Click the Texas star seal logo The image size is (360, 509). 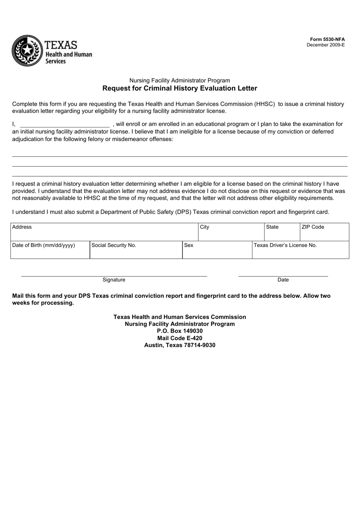point(27,51)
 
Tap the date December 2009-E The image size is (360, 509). point(326,45)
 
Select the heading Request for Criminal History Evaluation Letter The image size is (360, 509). point(180,88)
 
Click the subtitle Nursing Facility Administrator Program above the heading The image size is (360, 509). point(180,80)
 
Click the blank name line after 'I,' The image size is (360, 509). point(64,124)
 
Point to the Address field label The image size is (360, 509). point(22,227)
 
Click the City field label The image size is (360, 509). point(205,227)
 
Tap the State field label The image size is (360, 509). point(272,227)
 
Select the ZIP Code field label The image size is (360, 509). point(313,227)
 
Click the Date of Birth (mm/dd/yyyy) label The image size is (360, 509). point(44,245)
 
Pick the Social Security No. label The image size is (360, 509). point(114,245)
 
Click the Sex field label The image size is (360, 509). point(189,245)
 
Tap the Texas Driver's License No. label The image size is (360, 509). point(285,245)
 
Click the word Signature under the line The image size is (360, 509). point(114,280)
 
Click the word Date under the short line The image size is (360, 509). point(283,280)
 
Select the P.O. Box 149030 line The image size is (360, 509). point(180,331)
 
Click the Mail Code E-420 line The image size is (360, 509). point(180,338)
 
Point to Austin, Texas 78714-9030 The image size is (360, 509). point(180,345)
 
